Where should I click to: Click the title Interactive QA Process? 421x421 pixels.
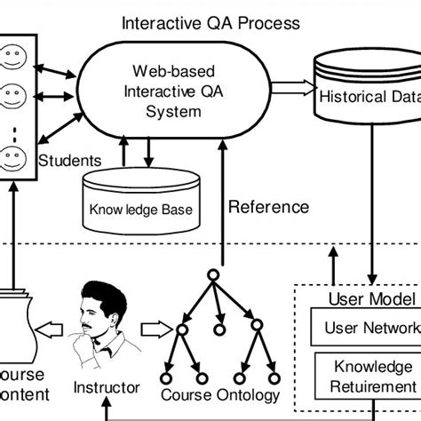pyautogui.click(x=210, y=20)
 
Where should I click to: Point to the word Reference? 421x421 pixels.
pyautogui.click(x=269, y=208)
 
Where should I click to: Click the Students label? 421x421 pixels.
pyautogui.click(x=70, y=161)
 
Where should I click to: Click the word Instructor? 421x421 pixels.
pyautogui.click(x=107, y=388)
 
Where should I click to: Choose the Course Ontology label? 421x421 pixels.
pyautogui.click(x=220, y=394)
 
